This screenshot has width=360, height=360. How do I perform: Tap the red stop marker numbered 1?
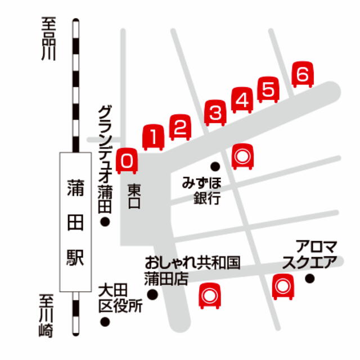(x=154, y=137)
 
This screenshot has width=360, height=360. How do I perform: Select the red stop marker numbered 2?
(x=180, y=127)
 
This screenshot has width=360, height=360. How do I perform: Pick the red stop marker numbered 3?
(x=215, y=113)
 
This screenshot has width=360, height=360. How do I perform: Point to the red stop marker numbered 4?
(x=242, y=101)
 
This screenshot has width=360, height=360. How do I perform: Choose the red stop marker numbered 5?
(x=268, y=90)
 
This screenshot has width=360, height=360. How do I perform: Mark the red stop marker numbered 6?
(x=303, y=75)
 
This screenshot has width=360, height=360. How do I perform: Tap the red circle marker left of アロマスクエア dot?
(x=282, y=287)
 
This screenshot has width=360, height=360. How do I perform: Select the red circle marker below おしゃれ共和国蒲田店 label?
(x=210, y=295)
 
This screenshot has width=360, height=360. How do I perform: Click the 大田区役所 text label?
(x=120, y=299)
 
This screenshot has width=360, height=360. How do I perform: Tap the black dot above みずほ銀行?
(x=215, y=166)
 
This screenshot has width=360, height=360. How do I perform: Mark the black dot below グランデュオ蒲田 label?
(x=105, y=223)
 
